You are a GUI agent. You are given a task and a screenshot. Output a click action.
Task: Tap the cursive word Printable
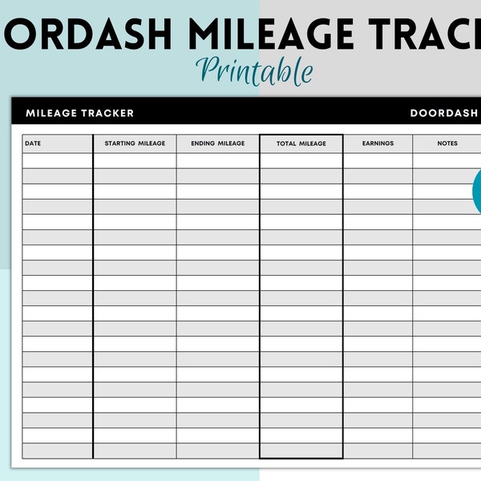[x=257, y=71]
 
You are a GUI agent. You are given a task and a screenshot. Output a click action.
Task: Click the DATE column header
[x=33, y=143]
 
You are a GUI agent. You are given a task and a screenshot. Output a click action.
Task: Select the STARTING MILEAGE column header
[x=135, y=143]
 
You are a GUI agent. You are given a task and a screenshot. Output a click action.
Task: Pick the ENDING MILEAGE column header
[x=218, y=143]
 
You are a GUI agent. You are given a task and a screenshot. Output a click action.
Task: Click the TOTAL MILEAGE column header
[x=301, y=143]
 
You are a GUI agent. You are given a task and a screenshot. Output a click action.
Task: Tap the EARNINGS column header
[x=378, y=143]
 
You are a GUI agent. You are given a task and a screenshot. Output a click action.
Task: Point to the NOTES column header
[x=447, y=143]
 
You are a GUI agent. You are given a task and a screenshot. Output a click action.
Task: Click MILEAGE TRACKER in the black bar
[x=79, y=113]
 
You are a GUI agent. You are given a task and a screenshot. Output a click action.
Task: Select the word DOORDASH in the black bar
[x=443, y=113]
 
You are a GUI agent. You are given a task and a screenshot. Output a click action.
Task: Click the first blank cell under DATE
[x=58, y=160]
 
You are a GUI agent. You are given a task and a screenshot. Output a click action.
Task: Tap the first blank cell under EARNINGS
[x=378, y=160]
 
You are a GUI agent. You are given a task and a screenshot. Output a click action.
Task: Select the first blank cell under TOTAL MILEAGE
[x=301, y=160]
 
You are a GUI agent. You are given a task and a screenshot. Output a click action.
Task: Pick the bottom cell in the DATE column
[x=58, y=451]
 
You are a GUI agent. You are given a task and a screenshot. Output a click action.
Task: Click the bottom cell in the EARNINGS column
[x=378, y=451]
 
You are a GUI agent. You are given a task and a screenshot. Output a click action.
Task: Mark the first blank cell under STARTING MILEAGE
[x=135, y=160]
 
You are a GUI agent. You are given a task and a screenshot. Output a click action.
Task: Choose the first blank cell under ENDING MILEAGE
[x=218, y=160]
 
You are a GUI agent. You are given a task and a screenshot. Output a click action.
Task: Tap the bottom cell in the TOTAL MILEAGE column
[x=301, y=451]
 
